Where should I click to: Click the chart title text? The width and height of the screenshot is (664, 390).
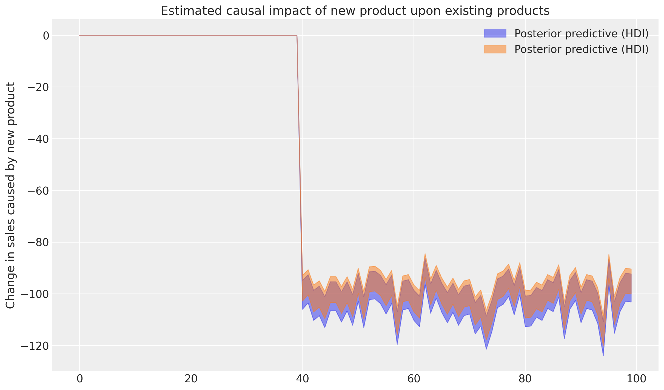coord(355,11)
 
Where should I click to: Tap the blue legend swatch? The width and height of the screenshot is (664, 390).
coord(495,34)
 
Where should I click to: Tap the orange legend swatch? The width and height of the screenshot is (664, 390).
coord(495,49)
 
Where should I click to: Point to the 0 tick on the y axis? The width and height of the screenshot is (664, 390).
coord(46,36)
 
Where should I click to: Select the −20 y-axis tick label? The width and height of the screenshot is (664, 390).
coord(38,87)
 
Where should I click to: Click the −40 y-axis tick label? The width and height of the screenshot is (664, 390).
coord(38,139)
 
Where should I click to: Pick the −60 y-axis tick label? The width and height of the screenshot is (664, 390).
coord(38,191)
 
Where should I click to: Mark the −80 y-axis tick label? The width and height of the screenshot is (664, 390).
coord(38,243)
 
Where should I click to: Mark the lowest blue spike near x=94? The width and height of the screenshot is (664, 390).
coord(603,355)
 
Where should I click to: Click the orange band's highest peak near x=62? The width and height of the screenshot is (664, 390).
coord(425,254)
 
